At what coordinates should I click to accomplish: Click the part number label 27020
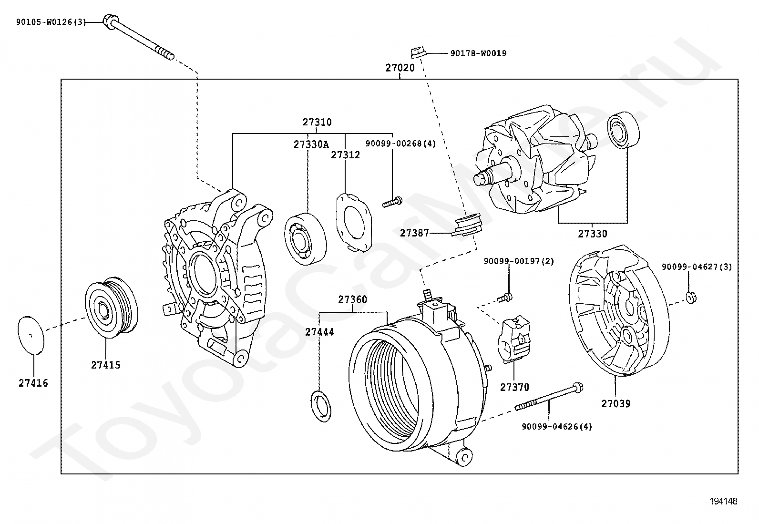tap(400, 68)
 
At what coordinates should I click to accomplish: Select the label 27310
tap(317, 122)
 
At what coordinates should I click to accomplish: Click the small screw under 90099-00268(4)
tap(392, 203)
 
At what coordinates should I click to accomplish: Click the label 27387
tap(414, 233)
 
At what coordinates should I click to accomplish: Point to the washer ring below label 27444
tap(321, 406)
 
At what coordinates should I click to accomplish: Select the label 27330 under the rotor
tap(593, 234)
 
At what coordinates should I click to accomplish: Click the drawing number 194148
tap(723, 502)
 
